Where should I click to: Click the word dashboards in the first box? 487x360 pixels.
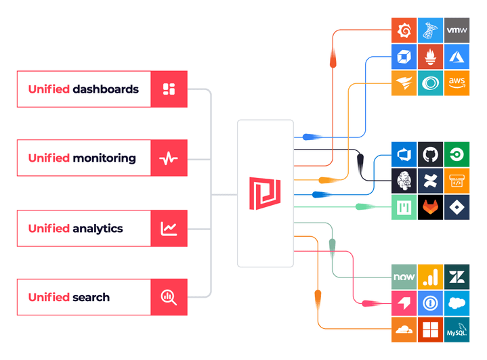pos(106,89)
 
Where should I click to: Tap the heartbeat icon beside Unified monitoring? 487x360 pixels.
pos(169,158)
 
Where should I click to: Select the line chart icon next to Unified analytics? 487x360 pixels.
pos(169,228)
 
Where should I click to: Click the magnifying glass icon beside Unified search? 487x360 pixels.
pos(169,297)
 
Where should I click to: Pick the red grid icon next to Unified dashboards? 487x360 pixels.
pos(169,89)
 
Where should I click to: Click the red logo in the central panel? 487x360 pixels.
pos(265,193)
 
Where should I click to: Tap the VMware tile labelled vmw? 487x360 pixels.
pos(457,30)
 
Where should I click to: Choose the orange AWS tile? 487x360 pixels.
pos(457,83)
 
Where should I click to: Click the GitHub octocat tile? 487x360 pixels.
pos(430,154)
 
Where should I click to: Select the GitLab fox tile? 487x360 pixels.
pos(430,207)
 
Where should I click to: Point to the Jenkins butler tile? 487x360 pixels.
pos(404,181)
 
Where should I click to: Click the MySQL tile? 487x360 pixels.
pos(457,330)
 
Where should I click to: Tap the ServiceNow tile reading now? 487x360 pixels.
pos(404,277)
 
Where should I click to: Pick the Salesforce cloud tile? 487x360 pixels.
pos(457,304)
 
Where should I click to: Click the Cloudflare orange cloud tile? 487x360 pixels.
pos(404,330)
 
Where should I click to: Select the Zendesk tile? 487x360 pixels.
pos(457,277)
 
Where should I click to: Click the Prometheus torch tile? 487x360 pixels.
pos(430,56)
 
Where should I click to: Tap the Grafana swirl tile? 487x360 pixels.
pos(404,30)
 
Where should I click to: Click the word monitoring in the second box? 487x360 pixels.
pos(104,158)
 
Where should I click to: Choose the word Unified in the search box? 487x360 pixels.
pos(49,297)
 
